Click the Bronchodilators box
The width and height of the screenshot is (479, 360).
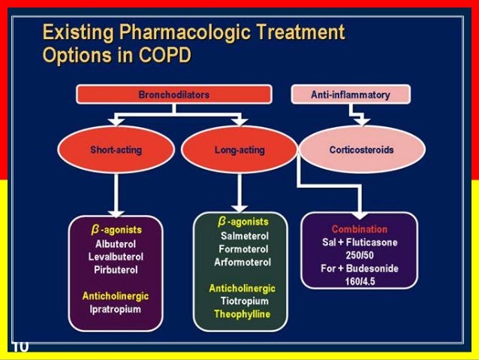click(x=173, y=95)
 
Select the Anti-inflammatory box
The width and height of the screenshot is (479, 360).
click(x=351, y=95)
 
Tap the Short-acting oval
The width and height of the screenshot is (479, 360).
click(x=116, y=150)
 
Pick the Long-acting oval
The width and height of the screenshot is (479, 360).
click(x=239, y=150)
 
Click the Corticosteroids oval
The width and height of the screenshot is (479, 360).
click(x=361, y=150)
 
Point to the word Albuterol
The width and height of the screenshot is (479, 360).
click(x=115, y=244)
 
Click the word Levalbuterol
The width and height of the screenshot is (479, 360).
click(x=115, y=256)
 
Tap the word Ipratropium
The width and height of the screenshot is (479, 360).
click(x=115, y=309)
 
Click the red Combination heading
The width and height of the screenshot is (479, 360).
click(x=360, y=229)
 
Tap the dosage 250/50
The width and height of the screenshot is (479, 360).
click(x=360, y=256)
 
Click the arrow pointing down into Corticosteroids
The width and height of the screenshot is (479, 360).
click(x=360, y=118)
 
